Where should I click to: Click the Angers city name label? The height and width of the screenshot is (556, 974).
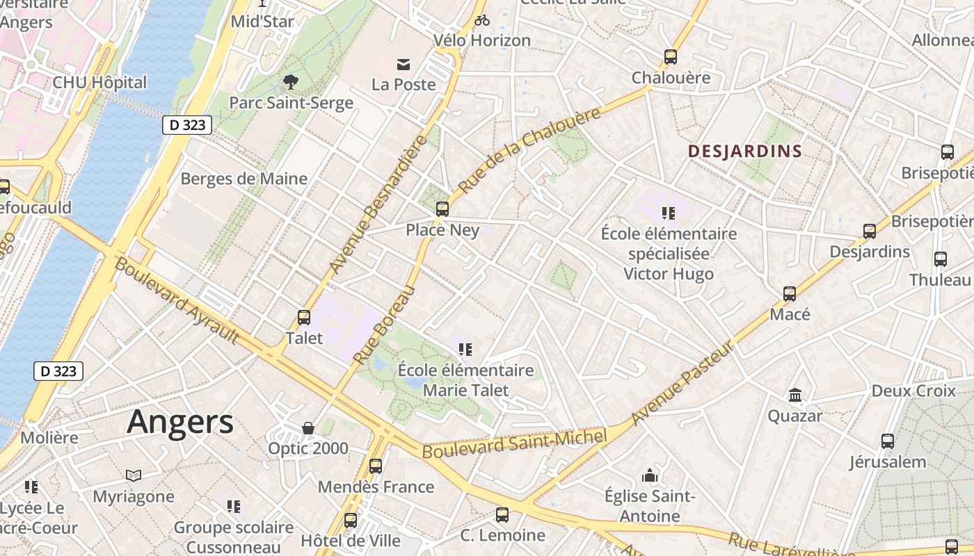click(180, 422)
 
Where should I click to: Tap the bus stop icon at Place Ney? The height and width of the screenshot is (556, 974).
click(442, 208)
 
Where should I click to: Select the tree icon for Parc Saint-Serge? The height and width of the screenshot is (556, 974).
click(291, 83)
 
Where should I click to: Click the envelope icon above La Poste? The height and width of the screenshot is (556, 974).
click(403, 65)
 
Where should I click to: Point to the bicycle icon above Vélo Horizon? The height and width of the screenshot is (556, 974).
click(481, 20)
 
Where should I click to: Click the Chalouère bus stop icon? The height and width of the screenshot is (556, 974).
click(670, 57)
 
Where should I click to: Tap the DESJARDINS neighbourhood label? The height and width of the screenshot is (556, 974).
click(745, 151)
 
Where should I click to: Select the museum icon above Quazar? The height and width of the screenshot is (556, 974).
click(795, 395)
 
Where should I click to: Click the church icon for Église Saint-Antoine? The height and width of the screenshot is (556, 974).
click(650, 475)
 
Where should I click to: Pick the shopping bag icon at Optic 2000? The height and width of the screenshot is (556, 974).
click(308, 428)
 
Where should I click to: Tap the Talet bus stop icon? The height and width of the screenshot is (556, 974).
click(304, 318)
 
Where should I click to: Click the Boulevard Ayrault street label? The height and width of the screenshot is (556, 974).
click(177, 300)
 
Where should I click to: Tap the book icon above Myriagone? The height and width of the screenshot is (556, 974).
click(134, 475)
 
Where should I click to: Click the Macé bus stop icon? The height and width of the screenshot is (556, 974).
click(789, 294)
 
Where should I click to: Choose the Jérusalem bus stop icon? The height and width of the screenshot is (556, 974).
click(887, 441)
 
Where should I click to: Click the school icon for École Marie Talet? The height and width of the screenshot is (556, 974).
click(465, 349)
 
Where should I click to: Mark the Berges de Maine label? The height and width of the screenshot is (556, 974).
click(243, 179)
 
